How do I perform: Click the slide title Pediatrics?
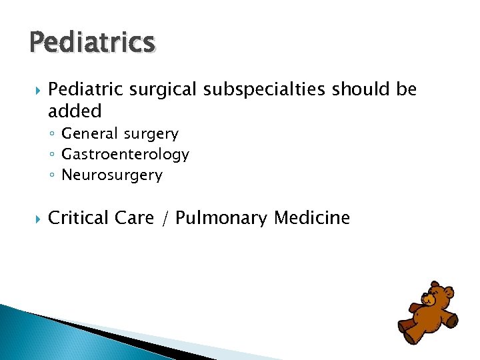(x=92, y=43)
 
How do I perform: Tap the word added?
(x=75, y=110)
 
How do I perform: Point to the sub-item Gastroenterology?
(x=125, y=155)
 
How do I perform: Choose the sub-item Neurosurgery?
(x=112, y=175)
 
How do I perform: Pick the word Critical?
(x=77, y=218)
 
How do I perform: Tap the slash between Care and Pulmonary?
(x=164, y=219)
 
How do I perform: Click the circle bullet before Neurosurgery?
(x=52, y=176)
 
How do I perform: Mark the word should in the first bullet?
(x=354, y=89)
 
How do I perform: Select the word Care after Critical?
(x=133, y=218)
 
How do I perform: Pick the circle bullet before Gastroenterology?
(x=52, y=155)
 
